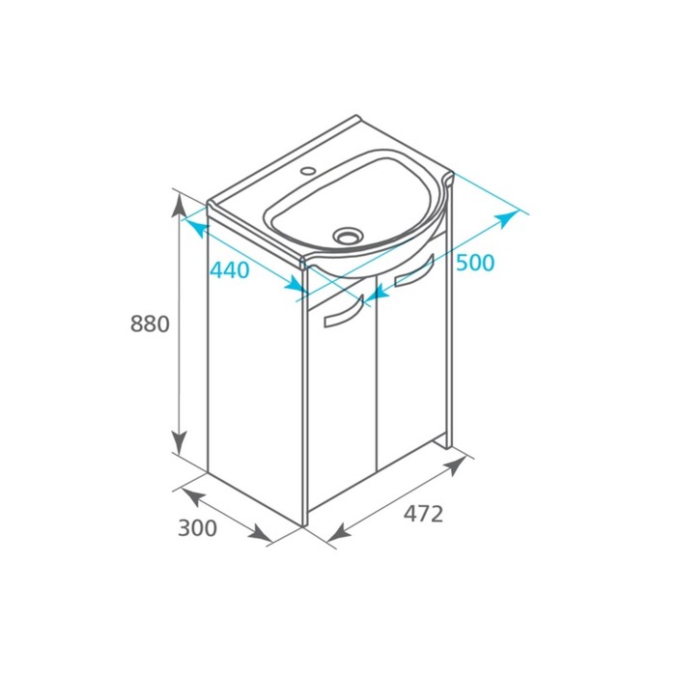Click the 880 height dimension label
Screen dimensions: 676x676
coord(150,324)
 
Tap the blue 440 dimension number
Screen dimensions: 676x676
coord(230,270)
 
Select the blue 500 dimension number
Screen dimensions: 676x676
coord(475,263)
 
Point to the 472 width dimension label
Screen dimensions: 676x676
coord(423,514)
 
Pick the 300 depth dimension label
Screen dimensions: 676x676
coord(197,528)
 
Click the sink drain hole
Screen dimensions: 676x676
coord(348,236)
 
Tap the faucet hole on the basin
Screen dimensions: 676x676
coord(308,171)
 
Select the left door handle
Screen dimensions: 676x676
coord(344,311)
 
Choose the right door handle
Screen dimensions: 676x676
coord(414,270)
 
